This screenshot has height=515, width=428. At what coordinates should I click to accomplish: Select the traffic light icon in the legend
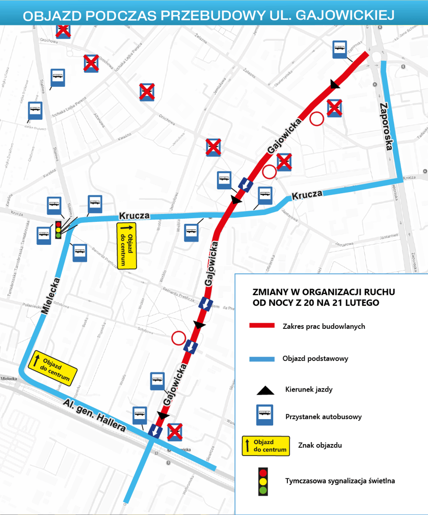[263, 481]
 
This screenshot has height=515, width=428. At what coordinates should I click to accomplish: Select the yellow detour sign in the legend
[265, 445]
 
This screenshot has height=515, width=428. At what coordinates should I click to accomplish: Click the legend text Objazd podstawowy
[315, 358]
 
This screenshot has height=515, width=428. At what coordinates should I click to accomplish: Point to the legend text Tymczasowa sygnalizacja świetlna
[340, 480]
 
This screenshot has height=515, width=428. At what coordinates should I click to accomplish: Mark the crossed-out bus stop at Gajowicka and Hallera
[175, 431]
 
